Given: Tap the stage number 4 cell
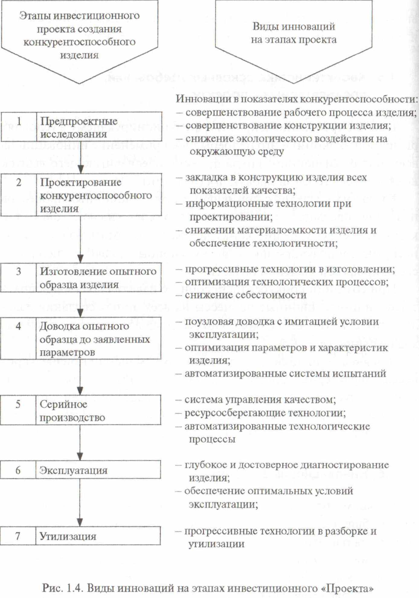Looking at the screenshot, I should [18, 338].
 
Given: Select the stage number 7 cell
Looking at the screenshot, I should [18, 536].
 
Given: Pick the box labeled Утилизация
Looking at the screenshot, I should [98, 536].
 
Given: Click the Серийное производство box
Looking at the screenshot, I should [98, 410].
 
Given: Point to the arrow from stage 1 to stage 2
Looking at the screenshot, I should [81, 157].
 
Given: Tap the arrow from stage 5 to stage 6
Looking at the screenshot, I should [80, 442].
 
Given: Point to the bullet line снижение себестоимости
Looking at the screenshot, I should [245, 295].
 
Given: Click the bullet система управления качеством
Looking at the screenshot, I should [260, 400].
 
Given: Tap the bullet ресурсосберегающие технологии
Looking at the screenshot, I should [265, 413].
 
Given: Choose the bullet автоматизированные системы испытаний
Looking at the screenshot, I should [285, 373].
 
